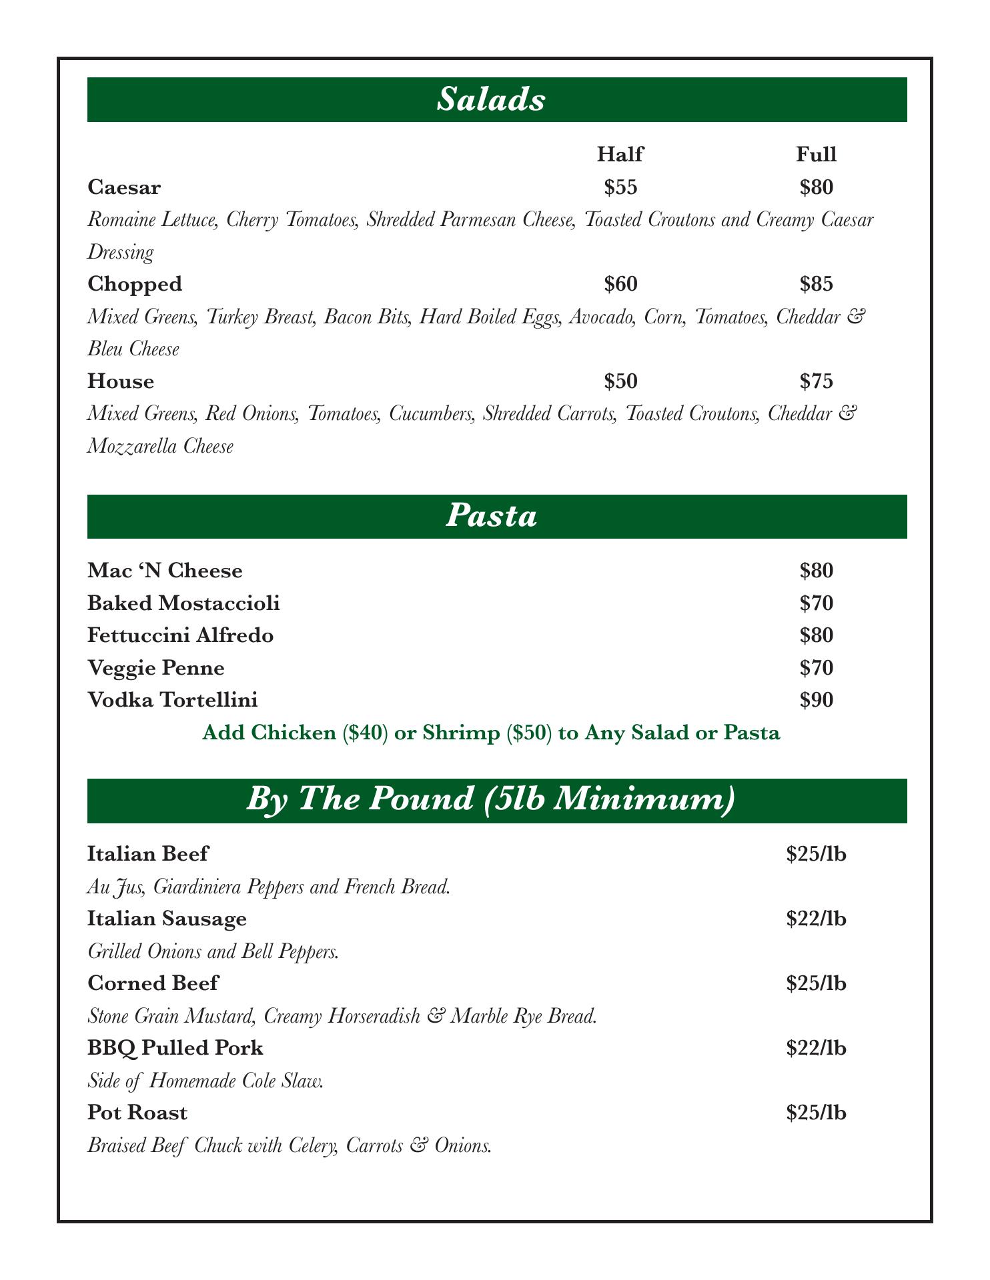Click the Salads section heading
tap(491, 100)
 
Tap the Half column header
tap(620, 155)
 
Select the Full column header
tap(816, 155)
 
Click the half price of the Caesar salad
tap(620, 187)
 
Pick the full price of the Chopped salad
tap(817, 284)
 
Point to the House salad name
tap(121, 381)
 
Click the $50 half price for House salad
tap(620, 381)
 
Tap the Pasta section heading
tap(491, 517)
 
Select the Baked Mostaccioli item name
tap(183, 603)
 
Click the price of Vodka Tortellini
tap(817, 700)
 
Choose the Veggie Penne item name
tap(156, 667)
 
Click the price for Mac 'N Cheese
tap(817, 571)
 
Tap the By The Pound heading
tap(491, 801)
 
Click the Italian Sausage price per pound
tap(817, 919)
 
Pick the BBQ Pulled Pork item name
tap(175, 1048)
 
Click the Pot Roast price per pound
tap(817, 1113)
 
